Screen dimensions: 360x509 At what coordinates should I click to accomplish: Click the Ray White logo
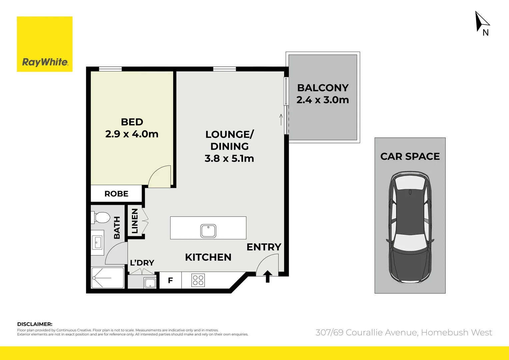(x=45, y=44)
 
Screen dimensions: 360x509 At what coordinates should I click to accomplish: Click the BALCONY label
(x=322, y=88)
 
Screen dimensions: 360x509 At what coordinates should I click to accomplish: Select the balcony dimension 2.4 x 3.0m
(x=322, y=100)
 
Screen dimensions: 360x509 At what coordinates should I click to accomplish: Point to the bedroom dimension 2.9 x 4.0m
(x=132, y=134)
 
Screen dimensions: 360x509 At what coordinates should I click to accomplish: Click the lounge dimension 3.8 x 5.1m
(x=229, y=158)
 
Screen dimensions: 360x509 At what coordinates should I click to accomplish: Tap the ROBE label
(x=116, y=194)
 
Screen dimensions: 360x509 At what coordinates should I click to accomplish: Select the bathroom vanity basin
(x=97, y=242)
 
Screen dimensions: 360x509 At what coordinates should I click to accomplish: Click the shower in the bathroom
(x=108, y=278)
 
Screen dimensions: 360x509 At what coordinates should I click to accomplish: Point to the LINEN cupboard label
(x=135, y=221)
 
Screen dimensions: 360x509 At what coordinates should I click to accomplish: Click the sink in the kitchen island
(x=208, y=231)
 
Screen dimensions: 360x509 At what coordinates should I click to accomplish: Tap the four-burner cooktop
(x=198, y=280)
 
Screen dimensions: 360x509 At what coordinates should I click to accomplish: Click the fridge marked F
(x=170, y=280)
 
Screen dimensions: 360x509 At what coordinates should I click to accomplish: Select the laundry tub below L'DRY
(x=150, y=283)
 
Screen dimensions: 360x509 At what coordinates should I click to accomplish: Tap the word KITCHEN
(x=208, y=257)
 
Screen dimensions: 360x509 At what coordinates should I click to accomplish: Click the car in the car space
(x=410, y=227)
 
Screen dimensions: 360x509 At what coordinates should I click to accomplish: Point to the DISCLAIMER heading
(x=35, y=324)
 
